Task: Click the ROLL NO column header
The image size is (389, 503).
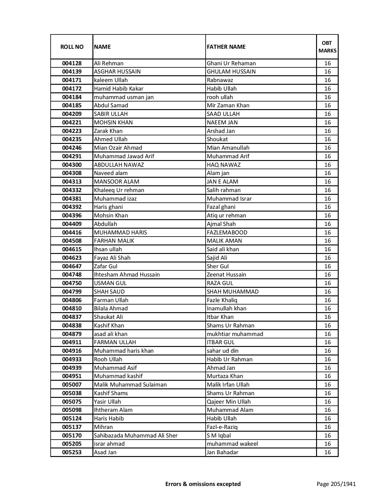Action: (72, 47)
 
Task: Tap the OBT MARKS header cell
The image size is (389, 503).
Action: (327, 47)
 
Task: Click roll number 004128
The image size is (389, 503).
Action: (72, 63)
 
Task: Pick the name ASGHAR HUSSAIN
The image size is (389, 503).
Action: (117, 72)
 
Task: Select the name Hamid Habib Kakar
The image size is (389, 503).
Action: (118, 89)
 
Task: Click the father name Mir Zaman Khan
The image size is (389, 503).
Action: (228, 105)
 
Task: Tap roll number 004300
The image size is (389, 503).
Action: (72, 165)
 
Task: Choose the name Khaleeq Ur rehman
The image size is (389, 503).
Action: (119, 190)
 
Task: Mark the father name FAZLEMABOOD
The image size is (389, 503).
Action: (227, 233)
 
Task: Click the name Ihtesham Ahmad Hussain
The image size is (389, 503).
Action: (127, 275)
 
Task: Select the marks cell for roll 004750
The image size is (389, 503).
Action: (327, 283)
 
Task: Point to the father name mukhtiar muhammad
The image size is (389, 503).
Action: (235, 334)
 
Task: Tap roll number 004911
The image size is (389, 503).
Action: (72, 342)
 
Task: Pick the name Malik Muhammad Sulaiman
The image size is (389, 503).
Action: (130, 385)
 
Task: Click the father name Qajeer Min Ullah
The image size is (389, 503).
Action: (229, 402)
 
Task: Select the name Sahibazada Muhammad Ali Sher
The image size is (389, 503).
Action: (135, 436)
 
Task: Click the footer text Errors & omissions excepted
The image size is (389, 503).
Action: (203, 484)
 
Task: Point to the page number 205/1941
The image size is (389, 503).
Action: (336, 484)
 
